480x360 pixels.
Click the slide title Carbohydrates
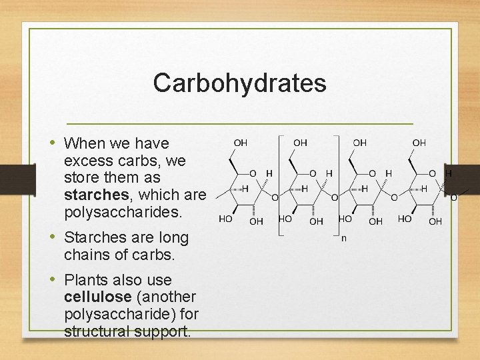(x=239, y=83)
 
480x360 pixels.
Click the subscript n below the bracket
(x=344, y=237)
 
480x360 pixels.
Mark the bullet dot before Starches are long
(x=53, y=237)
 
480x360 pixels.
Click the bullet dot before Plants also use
(x=53, y=280)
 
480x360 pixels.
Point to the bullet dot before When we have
(x=53, y=143)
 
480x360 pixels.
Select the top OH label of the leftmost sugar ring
(x=240, y=143)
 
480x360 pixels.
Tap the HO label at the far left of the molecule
(x=227, y=219)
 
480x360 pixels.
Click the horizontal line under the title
(x=241, y=124)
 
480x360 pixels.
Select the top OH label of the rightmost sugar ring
(x=419, y=143)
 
